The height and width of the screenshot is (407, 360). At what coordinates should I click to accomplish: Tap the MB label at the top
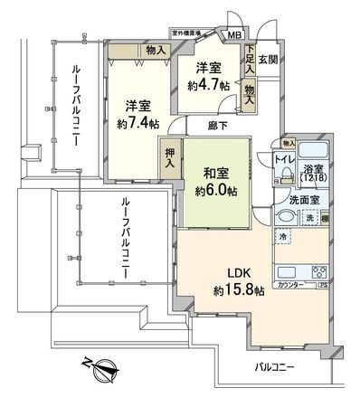pos(234,36)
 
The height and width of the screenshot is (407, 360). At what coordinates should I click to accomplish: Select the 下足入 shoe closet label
pos(249,61)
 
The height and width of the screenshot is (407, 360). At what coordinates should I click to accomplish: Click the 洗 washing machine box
pos(308,219)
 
